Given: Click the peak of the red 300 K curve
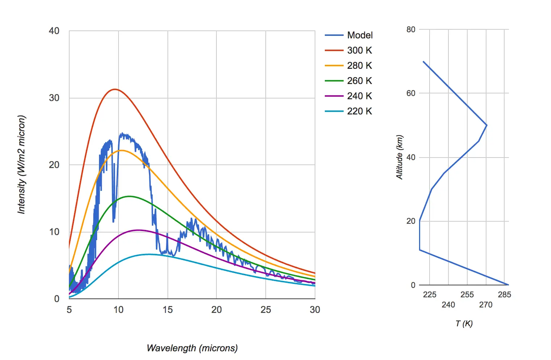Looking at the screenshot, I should (115, 89).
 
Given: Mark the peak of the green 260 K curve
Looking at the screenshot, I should (129, 196).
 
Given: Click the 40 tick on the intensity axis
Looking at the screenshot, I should (54, 31).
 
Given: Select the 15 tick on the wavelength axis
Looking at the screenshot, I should (167, 310).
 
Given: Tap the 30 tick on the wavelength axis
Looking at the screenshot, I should (315, 310).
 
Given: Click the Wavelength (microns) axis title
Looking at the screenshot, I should (192, 348).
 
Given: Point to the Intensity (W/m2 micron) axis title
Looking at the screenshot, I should (22, 164).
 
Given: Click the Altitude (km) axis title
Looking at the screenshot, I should (399, 157).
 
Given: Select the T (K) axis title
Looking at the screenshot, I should (464, 323).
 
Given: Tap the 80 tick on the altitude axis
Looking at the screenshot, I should (411, 30).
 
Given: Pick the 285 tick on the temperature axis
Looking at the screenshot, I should (504, 295).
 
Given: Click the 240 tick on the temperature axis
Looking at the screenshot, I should (448, 305).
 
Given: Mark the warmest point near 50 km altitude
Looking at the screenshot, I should (486, 125).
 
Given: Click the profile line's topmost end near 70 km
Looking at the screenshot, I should (423, 62).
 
